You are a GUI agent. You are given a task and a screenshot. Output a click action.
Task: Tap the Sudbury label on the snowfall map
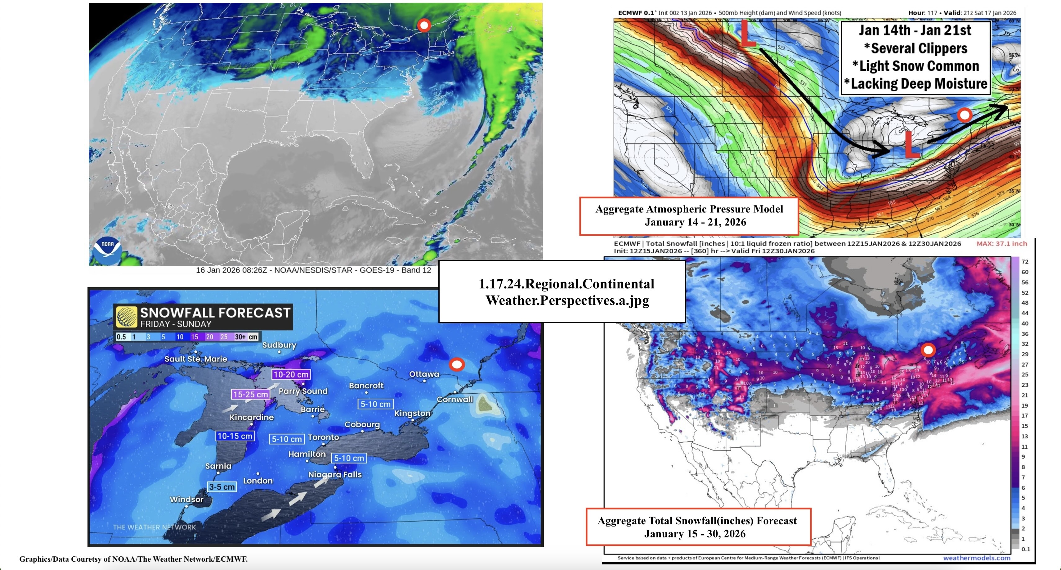pos(279,345)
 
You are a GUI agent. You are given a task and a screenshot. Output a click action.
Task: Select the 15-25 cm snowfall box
pos(250,394)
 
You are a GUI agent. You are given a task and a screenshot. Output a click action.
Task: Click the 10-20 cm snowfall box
pos(291,374)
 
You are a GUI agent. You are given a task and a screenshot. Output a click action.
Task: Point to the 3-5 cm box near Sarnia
pos(222,487)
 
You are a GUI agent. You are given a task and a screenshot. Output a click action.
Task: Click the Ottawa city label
pos(424,374)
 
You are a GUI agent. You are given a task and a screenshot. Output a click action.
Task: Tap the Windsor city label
pos(186,499)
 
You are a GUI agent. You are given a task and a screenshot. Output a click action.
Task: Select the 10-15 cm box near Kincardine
pos(235,436)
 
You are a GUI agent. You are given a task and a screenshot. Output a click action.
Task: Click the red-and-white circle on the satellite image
pos(424,25)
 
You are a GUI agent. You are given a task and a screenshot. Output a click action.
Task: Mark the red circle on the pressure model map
pos(964,115)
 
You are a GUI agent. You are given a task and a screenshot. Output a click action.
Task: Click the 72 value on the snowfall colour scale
pos(1025,262)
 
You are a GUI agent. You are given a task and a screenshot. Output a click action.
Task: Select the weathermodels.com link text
pos(977,558)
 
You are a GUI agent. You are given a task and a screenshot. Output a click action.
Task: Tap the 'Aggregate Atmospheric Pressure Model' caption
pos(689,209)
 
